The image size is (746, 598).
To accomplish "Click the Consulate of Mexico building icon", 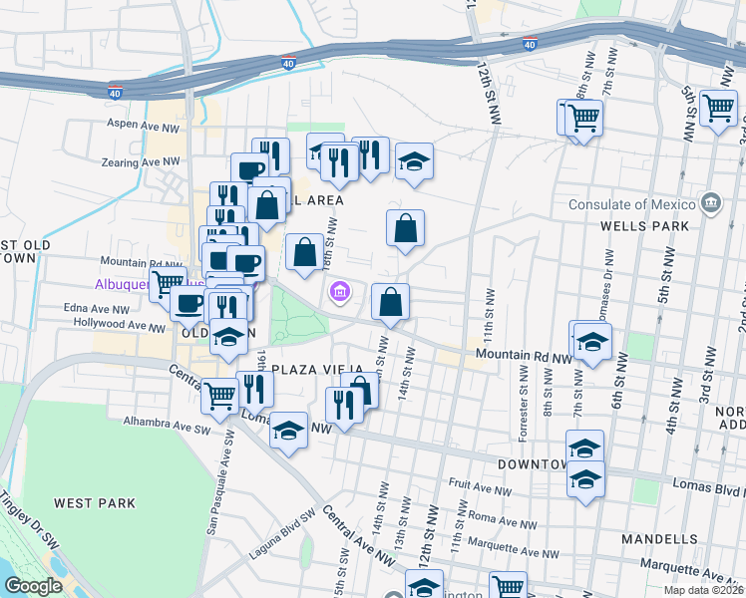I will click(710, 204).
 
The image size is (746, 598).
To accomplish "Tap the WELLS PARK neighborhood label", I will click(644, 226).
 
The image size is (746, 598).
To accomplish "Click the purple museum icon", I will click(339, 292).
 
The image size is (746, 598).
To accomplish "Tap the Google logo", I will click(33, 586).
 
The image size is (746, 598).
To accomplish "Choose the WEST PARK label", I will click(95, 503).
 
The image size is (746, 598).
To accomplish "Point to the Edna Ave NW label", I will click(97, 309).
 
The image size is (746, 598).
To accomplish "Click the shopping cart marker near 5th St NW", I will click(718, 109).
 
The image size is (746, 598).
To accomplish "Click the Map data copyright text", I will click(702, 590).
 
